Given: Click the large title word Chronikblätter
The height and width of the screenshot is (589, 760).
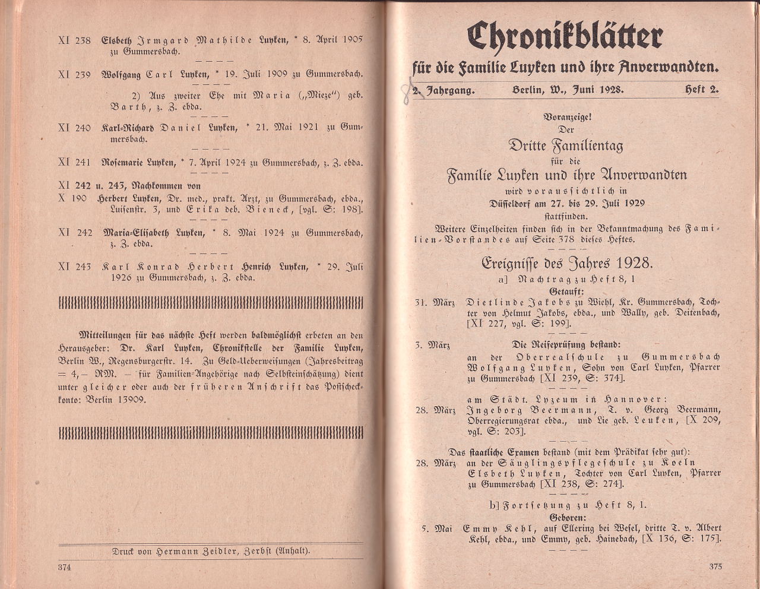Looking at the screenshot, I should [x=564, y=37].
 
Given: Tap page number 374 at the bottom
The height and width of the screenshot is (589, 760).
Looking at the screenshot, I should [x=65, y=567].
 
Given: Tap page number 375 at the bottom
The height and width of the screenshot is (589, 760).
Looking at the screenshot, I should [x=715, y=566].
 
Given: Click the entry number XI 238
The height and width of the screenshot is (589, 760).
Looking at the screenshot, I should [x=75, y=40].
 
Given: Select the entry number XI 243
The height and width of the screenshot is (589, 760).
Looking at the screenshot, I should [x=75, y=267].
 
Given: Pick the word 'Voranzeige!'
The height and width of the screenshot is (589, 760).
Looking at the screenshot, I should [x=567, y=117].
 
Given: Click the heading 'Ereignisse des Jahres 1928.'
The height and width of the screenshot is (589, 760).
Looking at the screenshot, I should [x=568, y=262].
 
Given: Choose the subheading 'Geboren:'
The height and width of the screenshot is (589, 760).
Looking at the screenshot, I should [x=567, y=517].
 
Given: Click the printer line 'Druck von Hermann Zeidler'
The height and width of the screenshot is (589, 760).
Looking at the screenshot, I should [x=211, y=550].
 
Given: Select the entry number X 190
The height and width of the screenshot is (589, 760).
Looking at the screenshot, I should [x=72, y=198].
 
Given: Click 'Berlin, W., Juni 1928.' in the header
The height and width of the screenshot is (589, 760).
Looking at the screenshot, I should [x=567, y=90].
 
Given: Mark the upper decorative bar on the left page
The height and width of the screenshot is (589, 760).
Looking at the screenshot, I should [x=211, y=303].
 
